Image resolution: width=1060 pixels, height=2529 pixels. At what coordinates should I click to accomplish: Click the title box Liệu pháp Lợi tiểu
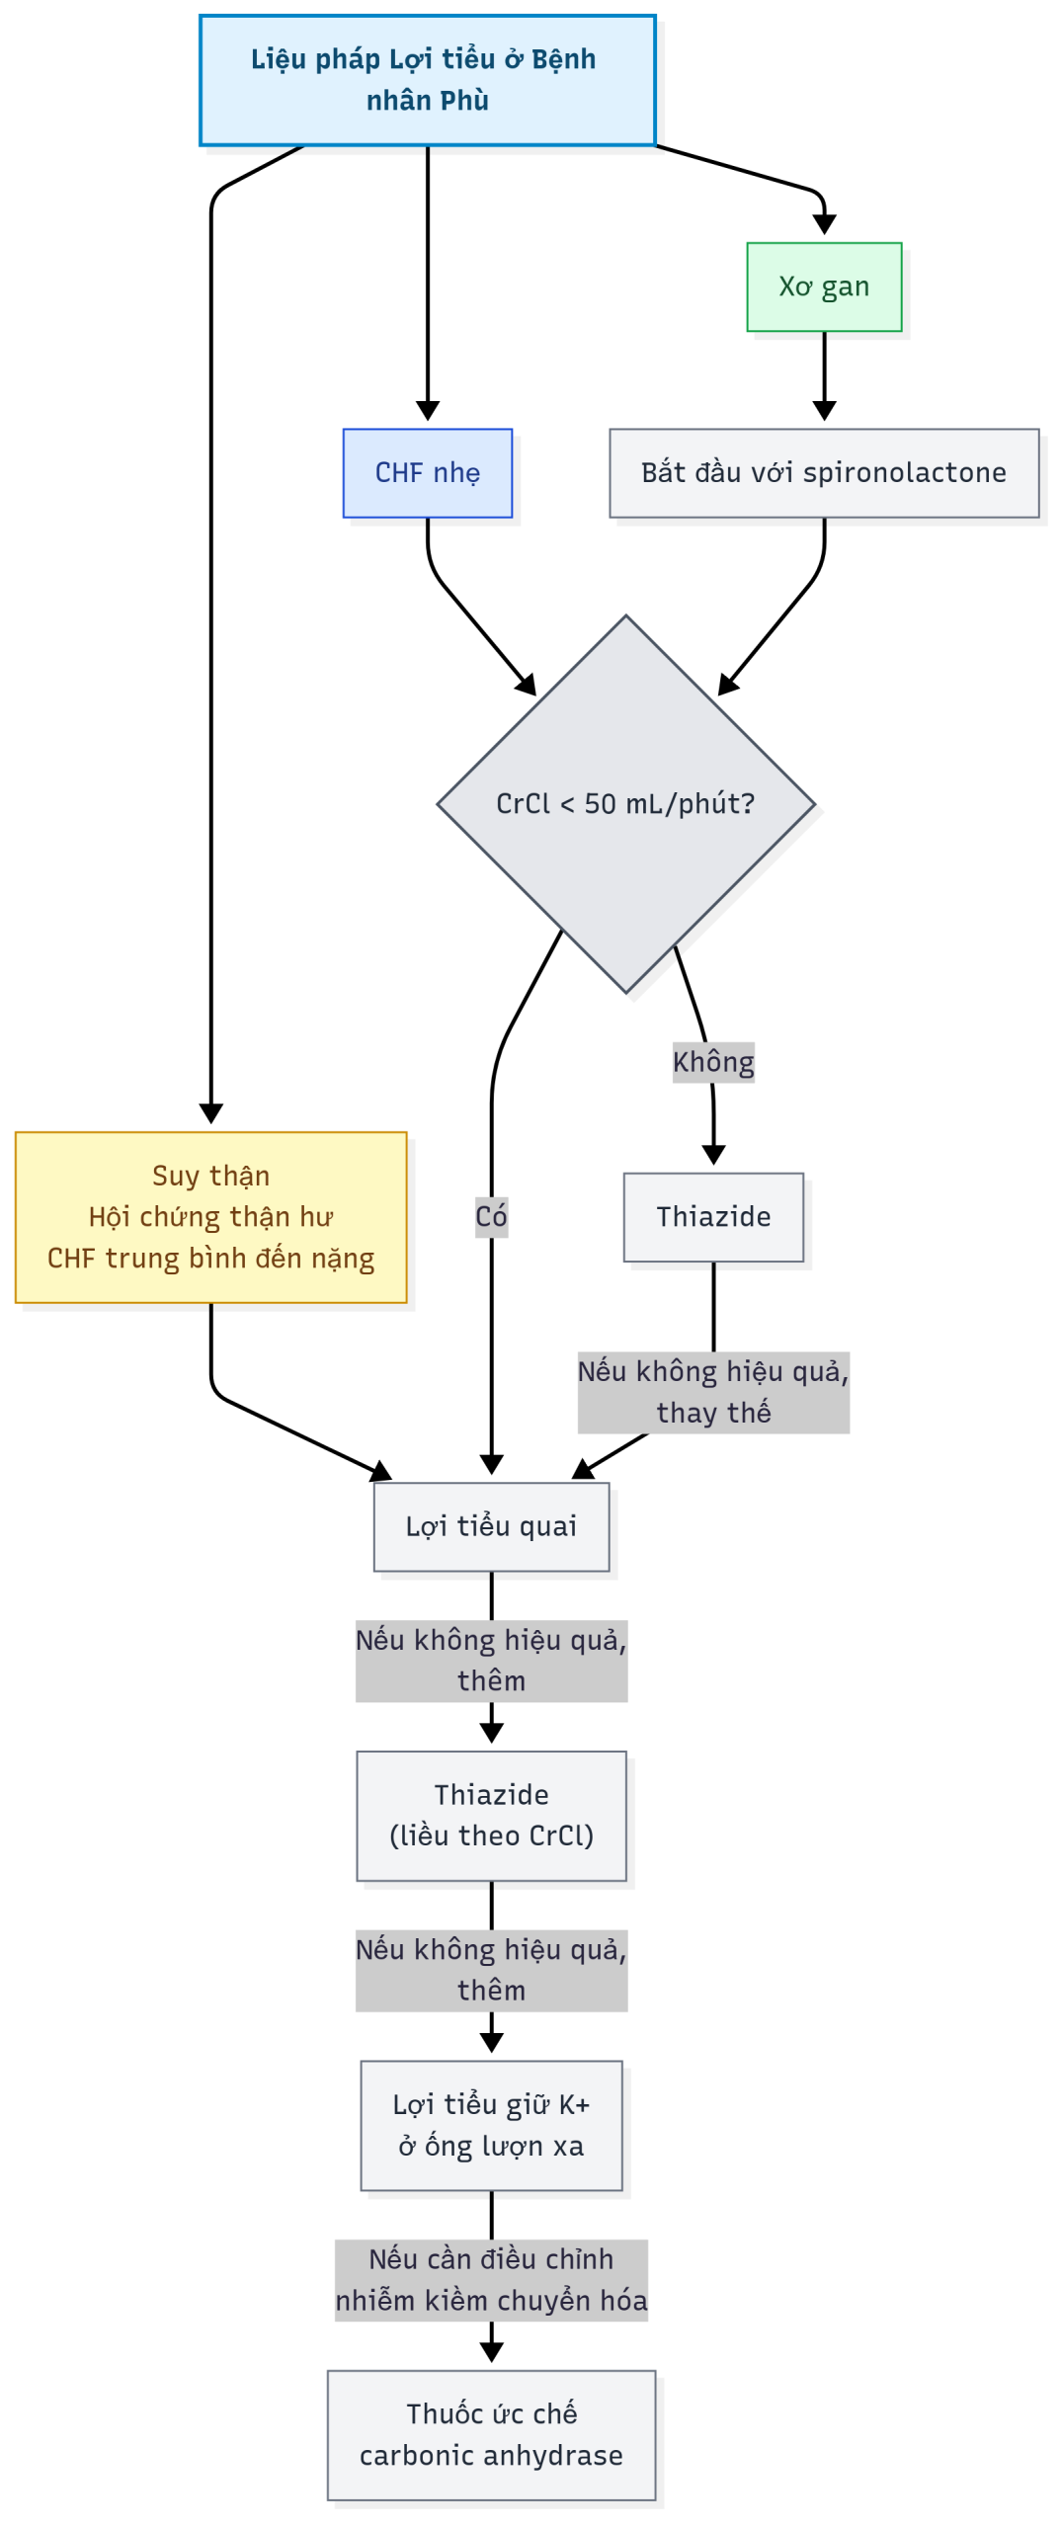pyautogui.click(x=427, y=80)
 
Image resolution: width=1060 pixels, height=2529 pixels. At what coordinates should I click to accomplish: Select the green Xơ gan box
pyautogui.click(x=823, y=286)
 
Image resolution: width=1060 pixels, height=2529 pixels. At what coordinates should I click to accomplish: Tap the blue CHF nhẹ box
pyautogui.click(x=427, y=472)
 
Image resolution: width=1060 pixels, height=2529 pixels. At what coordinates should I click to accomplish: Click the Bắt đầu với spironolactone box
pyautogui.click(x=823, y=472)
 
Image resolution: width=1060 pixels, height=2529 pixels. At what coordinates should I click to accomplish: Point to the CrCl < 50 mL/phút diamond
pyautogui.click(x=624, y=803)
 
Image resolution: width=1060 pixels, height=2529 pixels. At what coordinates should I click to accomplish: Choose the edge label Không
pyautogui.click(x=712, y=1062)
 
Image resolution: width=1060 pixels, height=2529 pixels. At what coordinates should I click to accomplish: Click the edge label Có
pyautogui.click(x=491, y=1216)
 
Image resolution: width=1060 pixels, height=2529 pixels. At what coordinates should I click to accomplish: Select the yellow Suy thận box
pyautogui.click(x=210, y=1216)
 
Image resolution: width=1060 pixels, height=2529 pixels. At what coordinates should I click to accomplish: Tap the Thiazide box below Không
pyautogui.click(x=712, y=1216)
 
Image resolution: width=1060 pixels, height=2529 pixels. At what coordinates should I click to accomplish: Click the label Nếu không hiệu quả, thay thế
pyautogui.click(x=712, y=1391)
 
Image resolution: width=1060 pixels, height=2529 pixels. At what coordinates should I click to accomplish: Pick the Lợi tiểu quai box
pyautogui.click(x=491, y=1525)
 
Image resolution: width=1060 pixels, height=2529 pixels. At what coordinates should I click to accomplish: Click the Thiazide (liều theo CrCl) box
pyautogui.click(x=491, y=1815)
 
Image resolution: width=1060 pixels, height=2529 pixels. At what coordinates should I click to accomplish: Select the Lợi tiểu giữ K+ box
pyautogui.click(x=491, y=2124)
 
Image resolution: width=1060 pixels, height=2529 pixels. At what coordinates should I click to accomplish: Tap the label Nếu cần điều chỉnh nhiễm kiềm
pyautogui.click(x=491, y=2279)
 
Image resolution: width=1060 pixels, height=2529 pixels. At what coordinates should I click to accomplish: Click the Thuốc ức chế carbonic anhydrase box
pyautogui.click(x=491, y=2433)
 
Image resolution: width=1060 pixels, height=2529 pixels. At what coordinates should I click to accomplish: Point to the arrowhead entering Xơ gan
pyautogui.click(x=824, y=225)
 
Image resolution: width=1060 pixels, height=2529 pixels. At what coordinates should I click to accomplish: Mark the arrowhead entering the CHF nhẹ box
pyautogui.click(x=427, y=411)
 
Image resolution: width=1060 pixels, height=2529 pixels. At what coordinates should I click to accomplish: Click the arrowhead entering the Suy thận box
pyautogui.click(x=210, y=1113)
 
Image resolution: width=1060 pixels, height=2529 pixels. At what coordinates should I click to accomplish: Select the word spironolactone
pyautogui.click(x=904, y=472)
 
